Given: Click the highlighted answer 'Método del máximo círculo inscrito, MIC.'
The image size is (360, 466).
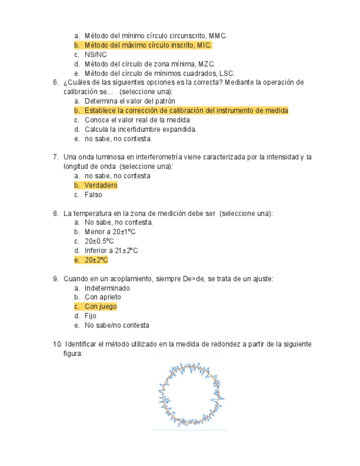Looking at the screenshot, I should pyautogui.click(x=148, y=45).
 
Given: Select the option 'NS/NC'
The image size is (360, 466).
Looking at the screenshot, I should pyautogui.click(x=96, y=54).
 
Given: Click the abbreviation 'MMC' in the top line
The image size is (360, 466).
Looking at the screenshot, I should pyautogui.click(x=218, y=36).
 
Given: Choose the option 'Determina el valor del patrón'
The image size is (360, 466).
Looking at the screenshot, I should pyautogui.click(x=130, y=101).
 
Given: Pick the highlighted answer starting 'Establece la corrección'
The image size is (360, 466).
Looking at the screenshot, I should pyautogui.click(x=186, y=110).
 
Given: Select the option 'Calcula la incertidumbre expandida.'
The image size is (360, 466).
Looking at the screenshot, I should pyautogui.click(x=140, y=129).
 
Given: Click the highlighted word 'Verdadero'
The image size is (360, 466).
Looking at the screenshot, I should pyautogui.click(x=101, y=185).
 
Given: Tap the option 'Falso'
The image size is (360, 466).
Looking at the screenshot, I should pyautogui.click(x=93, y=195).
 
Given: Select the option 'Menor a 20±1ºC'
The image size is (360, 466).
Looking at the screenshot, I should pyautogui.click(x=110, y=232).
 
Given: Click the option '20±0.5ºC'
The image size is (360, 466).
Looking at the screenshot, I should pyautogui.click(x=99, y=241).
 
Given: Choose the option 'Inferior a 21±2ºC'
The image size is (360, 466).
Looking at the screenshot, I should pyautogui.click(x=111, y=251).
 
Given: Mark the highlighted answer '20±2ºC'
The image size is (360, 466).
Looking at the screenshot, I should pyautogui.click(x=96, y=260).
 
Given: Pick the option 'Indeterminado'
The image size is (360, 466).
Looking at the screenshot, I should pyautogui.click(x=107, y=288).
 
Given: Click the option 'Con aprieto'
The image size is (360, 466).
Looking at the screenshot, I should pyautogui.click(x=103, y=297).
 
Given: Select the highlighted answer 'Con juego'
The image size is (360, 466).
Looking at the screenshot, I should pyautogui.click(x=101, y=307).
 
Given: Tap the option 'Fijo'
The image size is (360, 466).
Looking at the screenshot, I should pyautogui.click(x=90, y=316).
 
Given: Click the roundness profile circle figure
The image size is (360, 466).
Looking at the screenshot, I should pyautogui.click(x=191, y=394).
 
